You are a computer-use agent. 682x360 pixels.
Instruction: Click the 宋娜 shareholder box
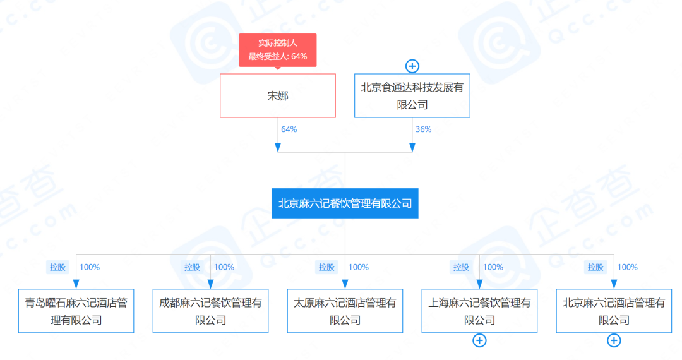pyautogui.click(x=278, y=96)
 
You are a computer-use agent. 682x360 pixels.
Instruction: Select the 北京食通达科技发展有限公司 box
pyautogui.click(x=412, y=96)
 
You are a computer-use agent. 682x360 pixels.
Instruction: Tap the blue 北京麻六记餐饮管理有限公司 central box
pyautogui.click(x=345, y=203)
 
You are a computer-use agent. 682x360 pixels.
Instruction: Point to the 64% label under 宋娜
pyautogui.click(x=289, y=129)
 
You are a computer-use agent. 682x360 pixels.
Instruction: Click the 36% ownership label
pyautogui.click(x=423, y=129)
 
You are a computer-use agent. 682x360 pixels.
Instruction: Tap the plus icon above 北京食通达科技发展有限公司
pyautogui.click(x=412, y=66)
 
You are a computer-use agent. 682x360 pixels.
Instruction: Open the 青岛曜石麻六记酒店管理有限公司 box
pyautogui.click(x=76, y=311)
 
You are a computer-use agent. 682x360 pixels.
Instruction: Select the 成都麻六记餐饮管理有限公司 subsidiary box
pyautogui.click(x=211, y=311)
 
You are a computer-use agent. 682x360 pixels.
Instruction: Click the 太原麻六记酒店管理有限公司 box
pyautogui.click(x=345, y=311)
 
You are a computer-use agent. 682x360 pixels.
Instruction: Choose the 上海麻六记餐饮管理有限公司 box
pyautogui.click(x=479, y=311)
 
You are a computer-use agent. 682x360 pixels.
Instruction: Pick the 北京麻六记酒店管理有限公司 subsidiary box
pyautogui.click(x=614, y=311)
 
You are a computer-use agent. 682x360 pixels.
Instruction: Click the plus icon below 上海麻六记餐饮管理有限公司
pyautogui.click(x=479, y=341)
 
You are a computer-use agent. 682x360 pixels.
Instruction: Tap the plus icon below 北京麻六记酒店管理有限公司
pyautogui.click(x=614, y=341)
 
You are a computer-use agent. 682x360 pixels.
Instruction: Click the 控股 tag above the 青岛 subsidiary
pyautogui.click(x=57, y=267)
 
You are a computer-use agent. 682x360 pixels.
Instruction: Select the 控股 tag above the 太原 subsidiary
pyautogui.click(x=326, y=267)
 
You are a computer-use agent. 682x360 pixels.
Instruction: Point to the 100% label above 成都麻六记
pyautogui.click(x=224, y=267)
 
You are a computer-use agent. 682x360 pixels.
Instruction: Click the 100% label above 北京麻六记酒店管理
pyautogui.click(x=627, y=267)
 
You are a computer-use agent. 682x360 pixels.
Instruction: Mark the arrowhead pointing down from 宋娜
pyautogui.click(x=278, y=147)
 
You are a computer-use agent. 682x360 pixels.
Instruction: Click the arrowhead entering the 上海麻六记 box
pyautogui.click(x=479, y=284)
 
